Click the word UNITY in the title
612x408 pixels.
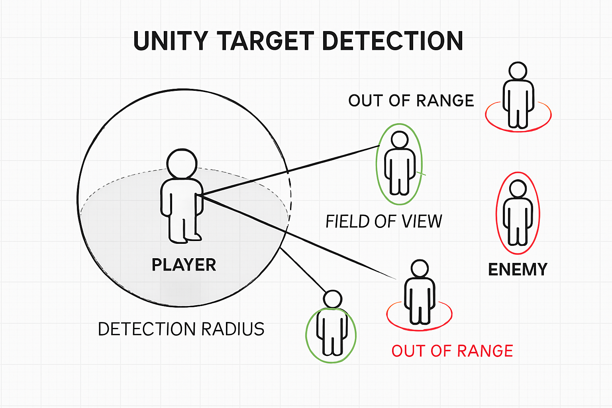(x=171, y=41)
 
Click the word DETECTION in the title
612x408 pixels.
(x=392, y=41)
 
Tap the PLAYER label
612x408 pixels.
(x=184, y=265)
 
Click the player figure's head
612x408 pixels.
(x=182, y=164)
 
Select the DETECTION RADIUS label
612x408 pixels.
(x=181, y=330)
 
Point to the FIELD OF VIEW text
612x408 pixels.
(x=384, y=222)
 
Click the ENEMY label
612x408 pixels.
(x=518, y=270)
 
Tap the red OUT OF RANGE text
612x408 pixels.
(x=452, y=351)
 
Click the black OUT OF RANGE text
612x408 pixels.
(x=411, y=101)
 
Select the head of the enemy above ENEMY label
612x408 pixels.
(x=518, y=188)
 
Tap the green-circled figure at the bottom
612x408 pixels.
(x=331, y=331)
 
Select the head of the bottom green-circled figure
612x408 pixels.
(x=332, y=299)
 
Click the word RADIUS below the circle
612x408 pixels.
(x=233, y=330)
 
